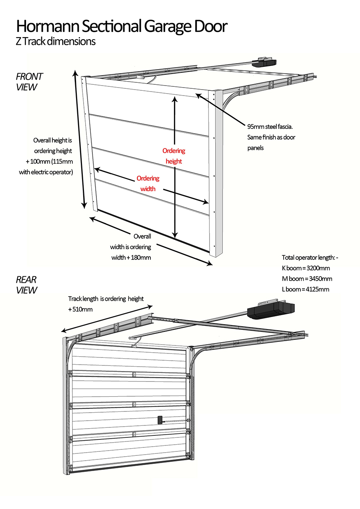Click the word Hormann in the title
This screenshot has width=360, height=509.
tap(48, 26)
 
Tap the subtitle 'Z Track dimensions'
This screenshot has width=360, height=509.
tap(56, 41)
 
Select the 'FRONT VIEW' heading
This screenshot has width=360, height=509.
tap(29, 82)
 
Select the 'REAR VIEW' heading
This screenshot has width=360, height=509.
tap(26, 285)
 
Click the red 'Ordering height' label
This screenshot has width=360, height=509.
tap(174, 156)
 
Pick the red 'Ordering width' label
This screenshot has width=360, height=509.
tap(148, 183)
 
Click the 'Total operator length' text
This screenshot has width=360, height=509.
tap(310, 257)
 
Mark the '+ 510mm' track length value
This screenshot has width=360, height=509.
tap(80, 309)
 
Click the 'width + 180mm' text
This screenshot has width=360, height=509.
tap(131, 257)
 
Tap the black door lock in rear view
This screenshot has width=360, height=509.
tap(160, 420)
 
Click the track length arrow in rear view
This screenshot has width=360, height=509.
tap(107, 319)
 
